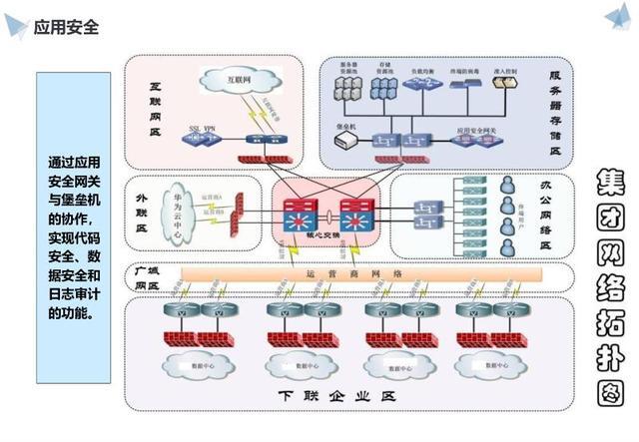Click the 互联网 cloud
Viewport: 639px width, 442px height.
(237, 77)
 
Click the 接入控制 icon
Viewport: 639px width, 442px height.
(504, 86)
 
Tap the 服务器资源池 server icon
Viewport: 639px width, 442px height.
(346, 89)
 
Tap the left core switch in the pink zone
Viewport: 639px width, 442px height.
(299, 215)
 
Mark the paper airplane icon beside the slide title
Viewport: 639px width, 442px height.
(16, 25)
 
